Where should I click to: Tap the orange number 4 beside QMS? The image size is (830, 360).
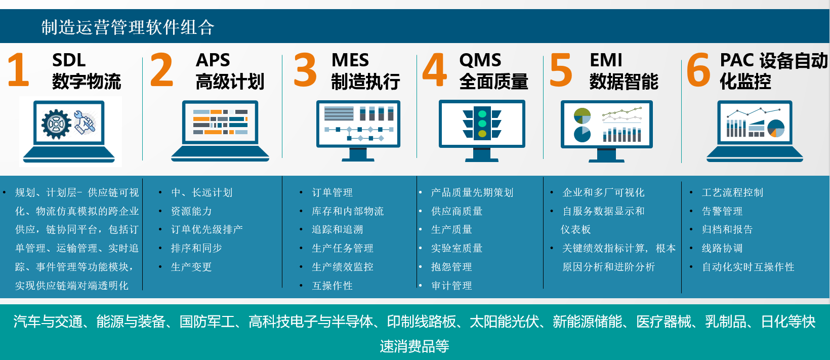pyautogui.click(x=435, y=69)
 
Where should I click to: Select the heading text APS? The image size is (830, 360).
pyautogui.click(x=213, y=60)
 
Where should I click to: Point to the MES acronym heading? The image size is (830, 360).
pyautogui.click(x=350, y=60)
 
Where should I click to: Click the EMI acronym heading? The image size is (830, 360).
pyautogui.click(x=606, y=60)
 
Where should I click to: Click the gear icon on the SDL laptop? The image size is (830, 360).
pyautogui.click(x=56, y=124)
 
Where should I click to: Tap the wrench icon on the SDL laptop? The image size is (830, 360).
pyautogui.click(x=85, y=122)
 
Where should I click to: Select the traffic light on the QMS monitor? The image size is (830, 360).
pyautogui.click(x=482, y=123)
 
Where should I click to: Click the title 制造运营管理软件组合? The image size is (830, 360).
pyautogui.click(x=128, y=27)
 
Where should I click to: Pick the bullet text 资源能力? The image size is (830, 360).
pyautogui.click(x=191, y=211)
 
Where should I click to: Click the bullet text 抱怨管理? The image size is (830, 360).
pyautogui.click(x=451, y=267)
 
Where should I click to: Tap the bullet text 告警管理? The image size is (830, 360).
pyautogui.click(x=722, y=211)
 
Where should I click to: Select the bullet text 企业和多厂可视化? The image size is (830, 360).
pyautogui.click(x=603, y=192)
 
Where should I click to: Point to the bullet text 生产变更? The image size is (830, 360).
pyautogui.click(x=191, y=267)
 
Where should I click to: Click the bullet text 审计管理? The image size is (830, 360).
pyautogui.click(x=451, y=286)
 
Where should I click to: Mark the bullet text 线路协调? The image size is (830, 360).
pyautogui.click(x=722, y=248)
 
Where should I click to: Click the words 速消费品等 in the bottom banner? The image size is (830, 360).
pyautogui.click(x=414, y=346)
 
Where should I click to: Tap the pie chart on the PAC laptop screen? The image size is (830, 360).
pyautogui.click(x=776, y=129)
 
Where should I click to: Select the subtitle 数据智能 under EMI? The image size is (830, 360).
pyautogui.click(x=624, y=82)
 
